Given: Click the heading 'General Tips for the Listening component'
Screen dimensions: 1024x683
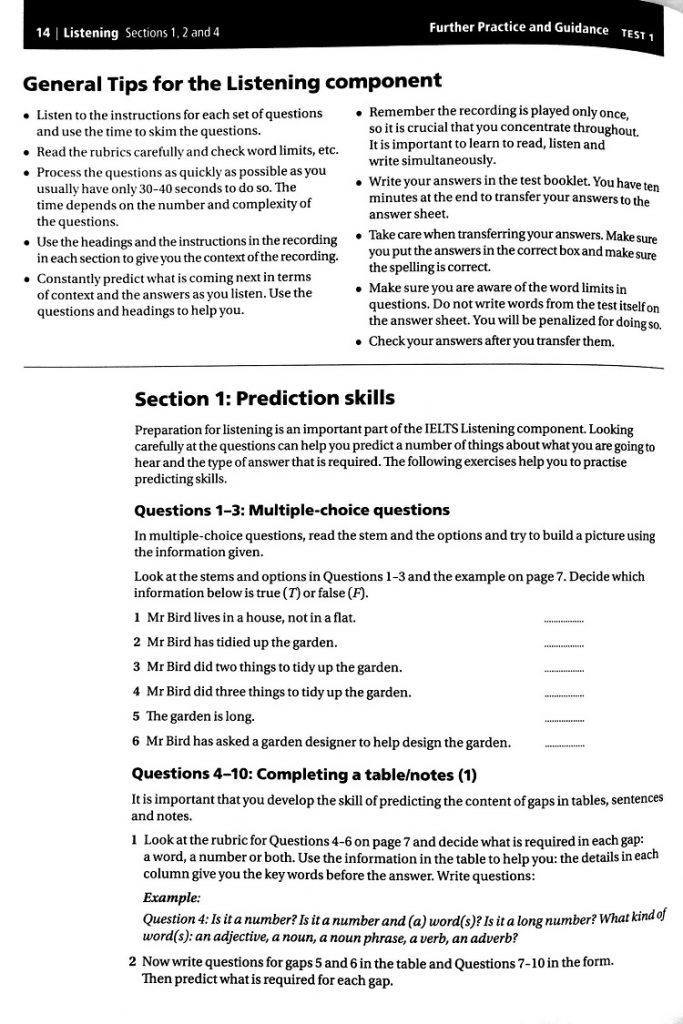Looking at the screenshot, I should click(232, 81).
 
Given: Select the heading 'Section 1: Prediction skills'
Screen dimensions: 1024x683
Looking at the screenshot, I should click(264, 399).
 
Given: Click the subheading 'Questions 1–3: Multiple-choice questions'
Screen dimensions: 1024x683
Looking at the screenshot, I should click(291, 511).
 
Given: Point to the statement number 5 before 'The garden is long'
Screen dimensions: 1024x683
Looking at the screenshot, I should click(136, 717).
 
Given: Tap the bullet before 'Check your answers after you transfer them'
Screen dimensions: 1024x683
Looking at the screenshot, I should click(359, 342).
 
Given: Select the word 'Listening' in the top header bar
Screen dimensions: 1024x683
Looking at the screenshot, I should click(91, 33).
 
